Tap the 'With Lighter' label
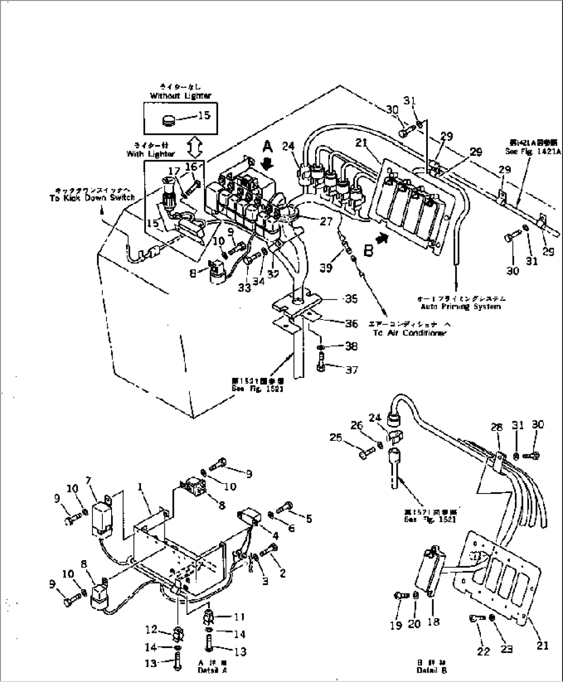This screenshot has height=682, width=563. [151, 154]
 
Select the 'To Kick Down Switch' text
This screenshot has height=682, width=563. [92, 198]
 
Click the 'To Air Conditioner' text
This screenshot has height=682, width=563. [409, 333]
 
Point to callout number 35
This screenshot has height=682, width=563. [352, 299]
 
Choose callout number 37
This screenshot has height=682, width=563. [351, 370]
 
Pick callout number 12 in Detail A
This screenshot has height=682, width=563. [151, 629]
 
